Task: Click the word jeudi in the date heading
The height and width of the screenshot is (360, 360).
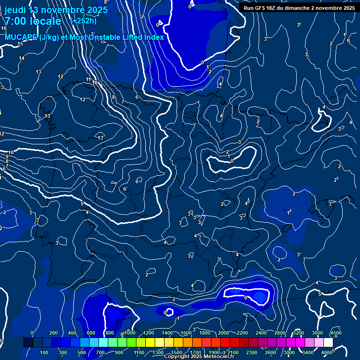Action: tap(15, 10)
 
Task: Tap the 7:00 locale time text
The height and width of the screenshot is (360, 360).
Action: tap(33, 21)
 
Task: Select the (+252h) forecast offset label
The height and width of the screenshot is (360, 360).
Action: tap(83, 21)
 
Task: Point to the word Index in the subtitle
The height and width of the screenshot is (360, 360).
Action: tap(152, 37)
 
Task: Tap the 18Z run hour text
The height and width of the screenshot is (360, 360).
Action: tap(271, 8)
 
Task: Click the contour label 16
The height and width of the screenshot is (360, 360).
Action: tap(4, 29)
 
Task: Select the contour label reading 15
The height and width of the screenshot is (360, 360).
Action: tap(20, 44)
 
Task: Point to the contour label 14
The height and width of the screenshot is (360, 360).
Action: tap(22, 59)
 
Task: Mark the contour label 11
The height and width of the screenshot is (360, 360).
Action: tap(88, 80)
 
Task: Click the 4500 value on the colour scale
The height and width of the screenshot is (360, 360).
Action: tap(336, 333)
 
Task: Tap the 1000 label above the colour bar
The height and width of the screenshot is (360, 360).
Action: tap(130, 333)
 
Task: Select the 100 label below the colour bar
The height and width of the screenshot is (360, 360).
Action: tap(45, 352)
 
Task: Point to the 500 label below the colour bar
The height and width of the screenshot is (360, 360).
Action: tap(82, 352)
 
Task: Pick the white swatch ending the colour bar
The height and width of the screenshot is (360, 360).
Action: tap(328, 343)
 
